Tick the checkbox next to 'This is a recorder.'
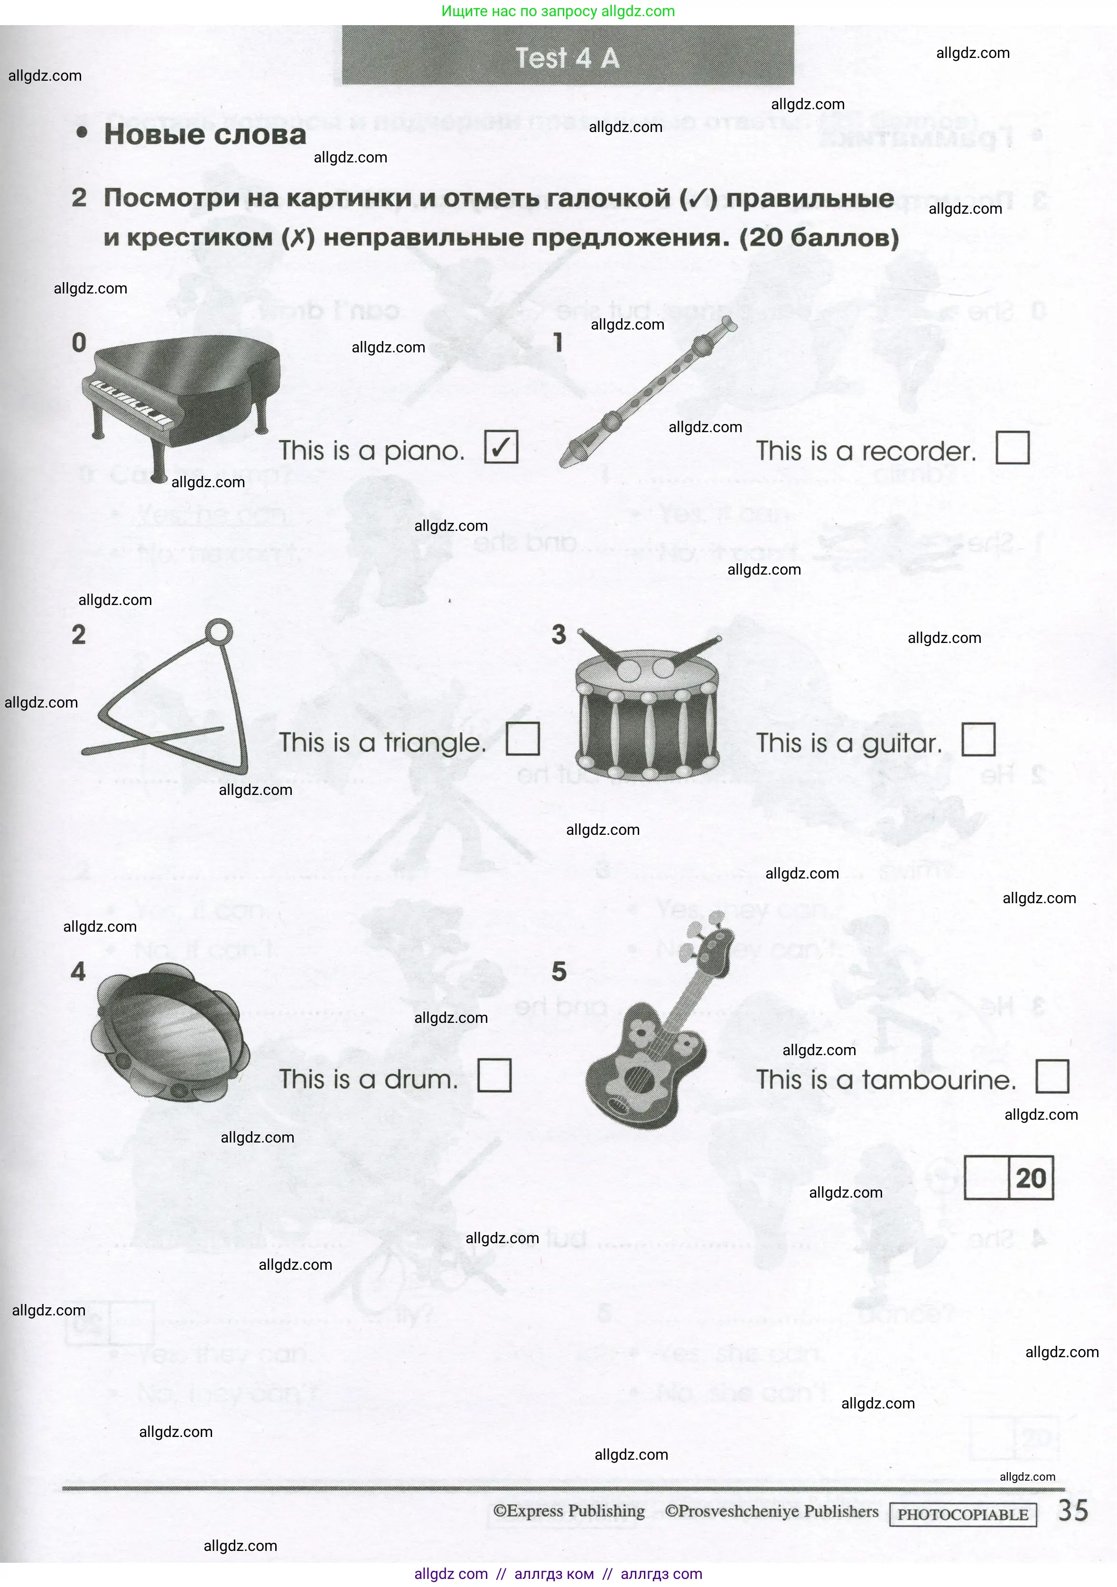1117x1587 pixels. tap(1012, 448)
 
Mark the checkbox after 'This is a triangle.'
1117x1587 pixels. tap(522, 738)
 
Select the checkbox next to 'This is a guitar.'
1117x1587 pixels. tap(978, 739)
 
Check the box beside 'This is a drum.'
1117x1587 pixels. tap(494, 1076)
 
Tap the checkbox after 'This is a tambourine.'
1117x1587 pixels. tap(1052, 1076)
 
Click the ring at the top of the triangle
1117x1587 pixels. tap(219, 632)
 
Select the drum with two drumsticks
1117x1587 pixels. tap(647, 712)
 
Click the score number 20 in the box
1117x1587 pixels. tap(1031, 1178)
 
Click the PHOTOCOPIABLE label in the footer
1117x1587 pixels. tap(962, 1514)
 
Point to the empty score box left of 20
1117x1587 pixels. tap(987, 1178)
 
